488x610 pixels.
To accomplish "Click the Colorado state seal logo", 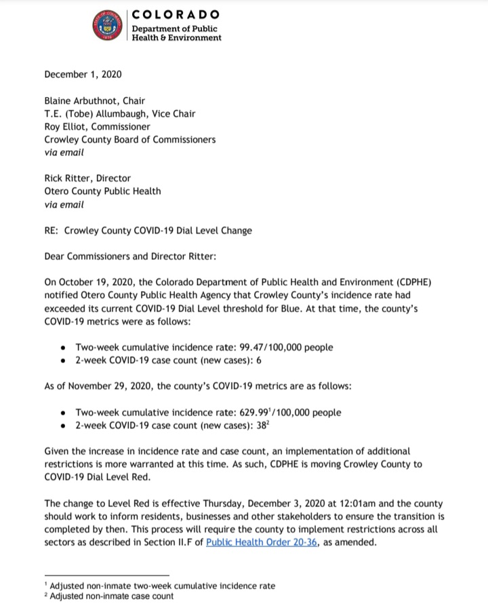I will [x=106, y=26].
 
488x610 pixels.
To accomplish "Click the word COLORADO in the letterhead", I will [x=175, y=14].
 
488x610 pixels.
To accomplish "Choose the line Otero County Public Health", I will [x=102, y=191].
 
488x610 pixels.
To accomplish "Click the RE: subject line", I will [x=148, y=230].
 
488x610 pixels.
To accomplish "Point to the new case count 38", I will [x=248, y=425].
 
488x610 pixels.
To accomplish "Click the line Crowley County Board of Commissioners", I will [x=129, y=140].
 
